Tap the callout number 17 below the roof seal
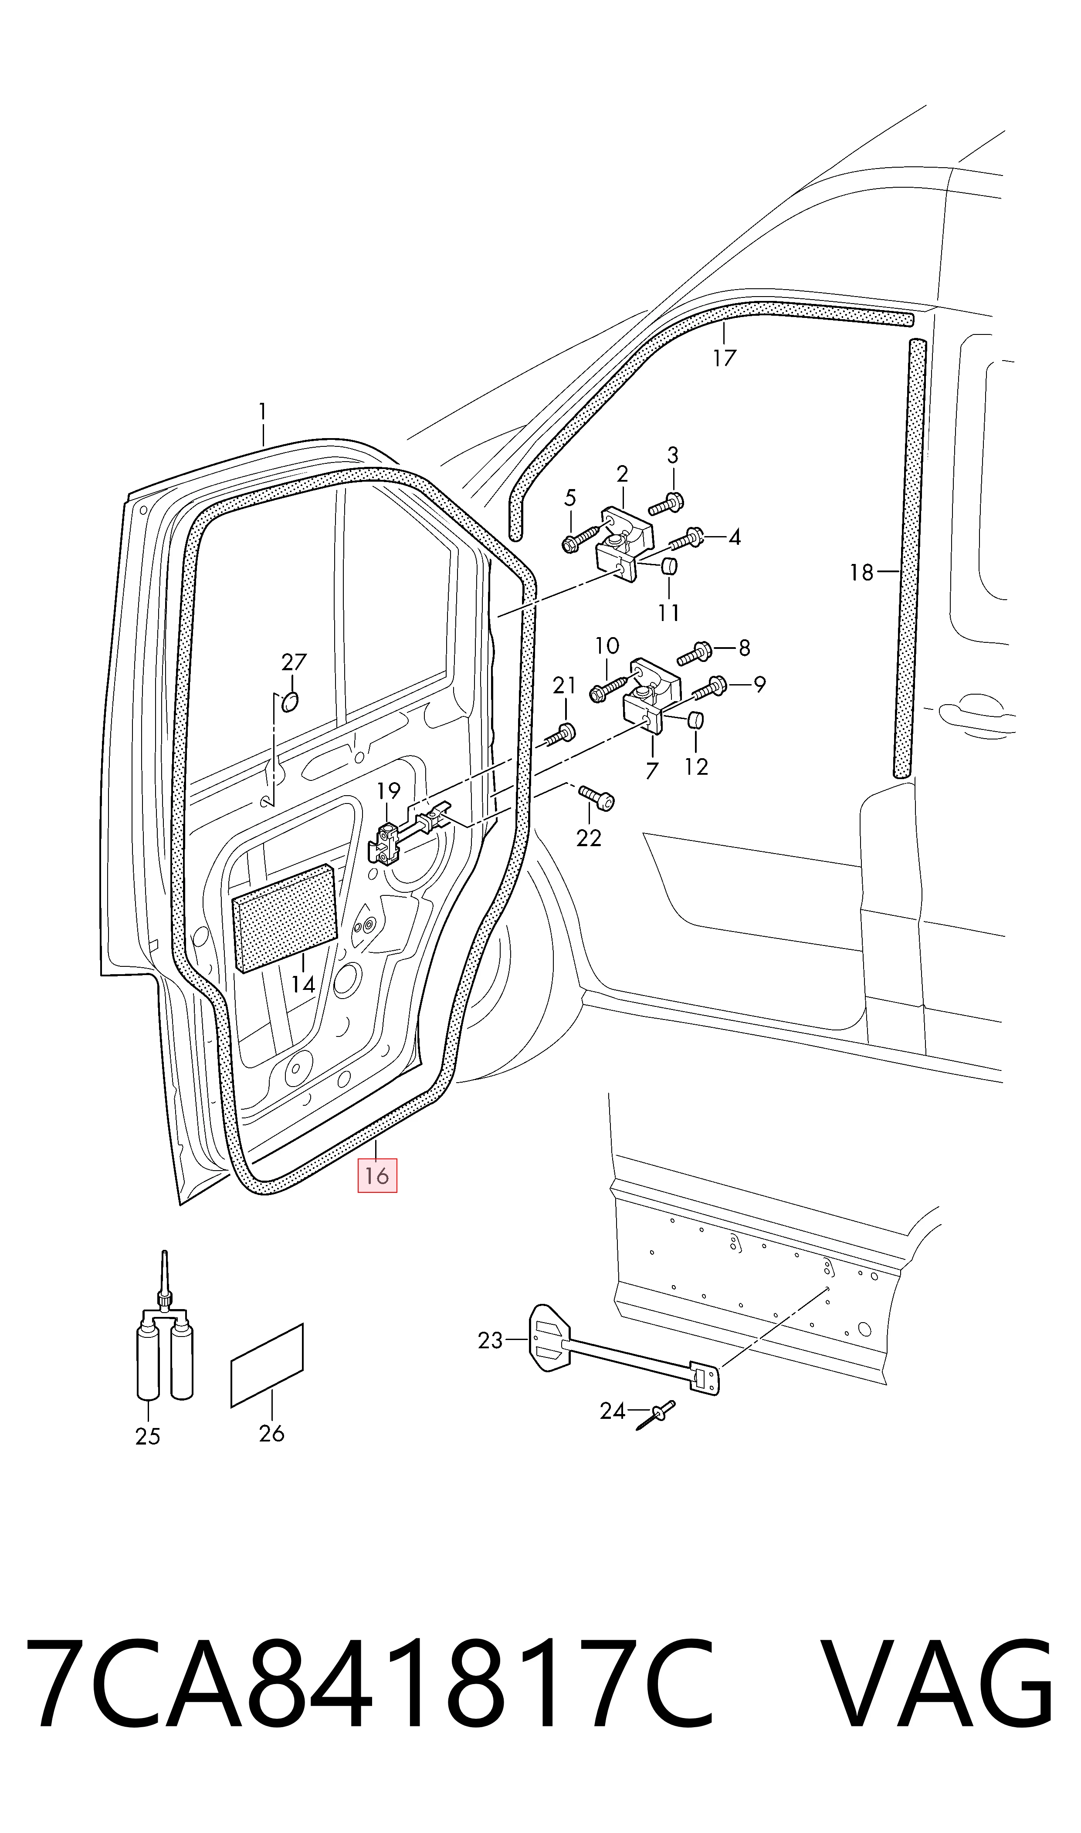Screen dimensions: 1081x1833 (724, 358)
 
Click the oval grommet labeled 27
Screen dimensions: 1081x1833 (289, 702)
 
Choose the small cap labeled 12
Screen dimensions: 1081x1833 (696, 721)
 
